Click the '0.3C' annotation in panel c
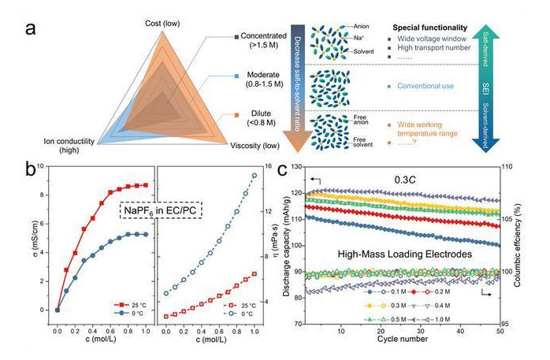405,180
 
